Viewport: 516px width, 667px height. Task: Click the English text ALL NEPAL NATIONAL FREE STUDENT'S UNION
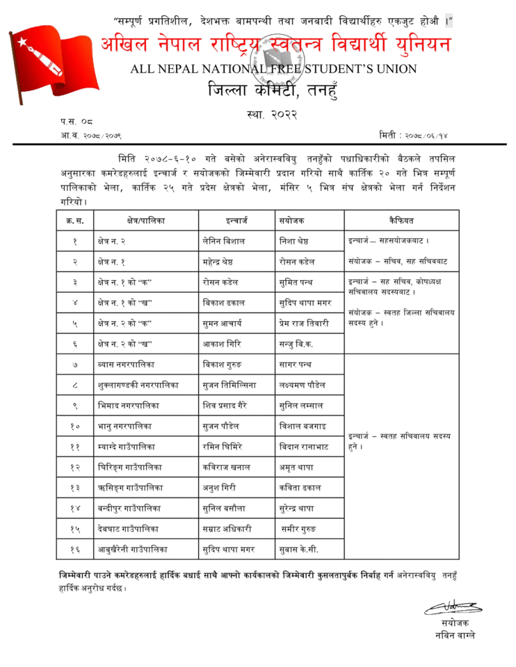(273, 69)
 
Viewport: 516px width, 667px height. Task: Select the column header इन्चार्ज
(237, 220)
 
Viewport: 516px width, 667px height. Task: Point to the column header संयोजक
(293, 220)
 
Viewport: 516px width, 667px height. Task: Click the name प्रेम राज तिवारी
(304, 323)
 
